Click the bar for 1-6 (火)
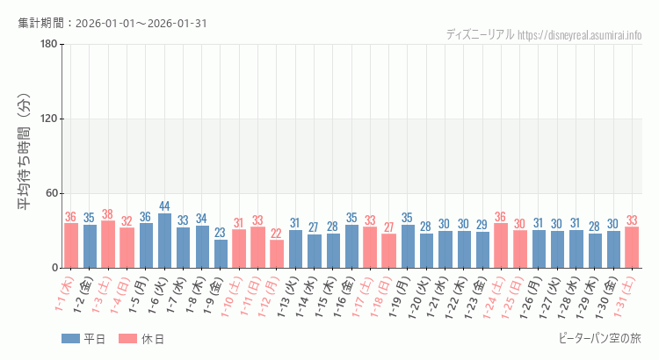click(x=165, y=241)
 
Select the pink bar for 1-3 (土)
click(x=108, y=244)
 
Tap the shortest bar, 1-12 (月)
click(x=277, y=254)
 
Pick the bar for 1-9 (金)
click(x=221, y=254)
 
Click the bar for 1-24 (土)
click(x=500, y=246)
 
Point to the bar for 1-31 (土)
click(x=632, y=248)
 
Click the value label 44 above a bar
click(x=165, y=206)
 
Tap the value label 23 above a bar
click(x=221, y=233)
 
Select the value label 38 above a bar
click(x=108, y=214)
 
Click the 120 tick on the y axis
click(x=49, y=119)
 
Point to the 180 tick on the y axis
click(x=49, y=45)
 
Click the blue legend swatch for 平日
click(x=70, y=339)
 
